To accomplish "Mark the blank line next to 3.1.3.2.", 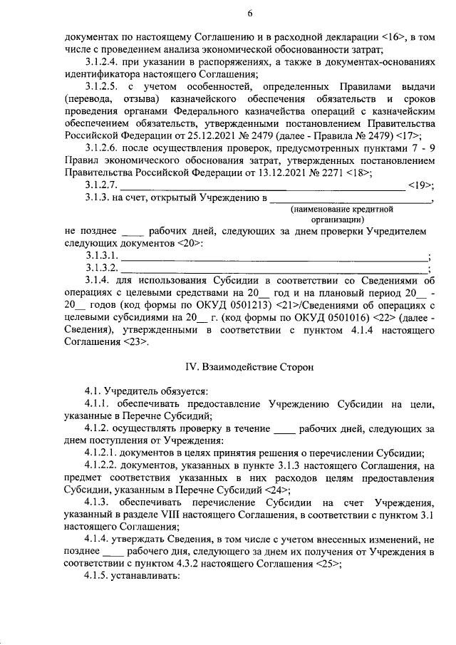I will tap(274, 269).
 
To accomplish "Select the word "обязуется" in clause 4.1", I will tap(183, 391).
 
